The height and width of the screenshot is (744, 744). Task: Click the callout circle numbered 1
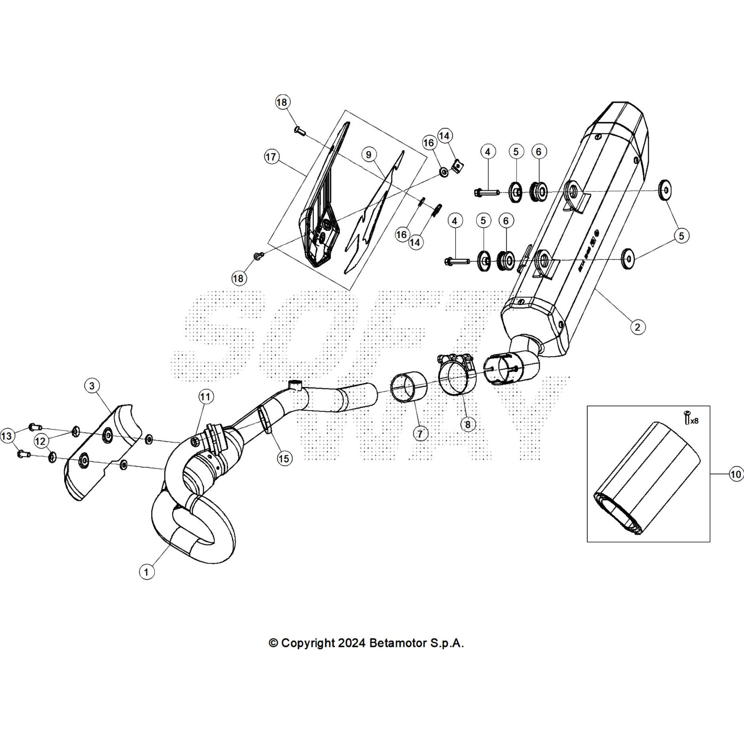pos(146,572)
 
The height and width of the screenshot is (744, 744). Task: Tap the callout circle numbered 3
pos(92,385)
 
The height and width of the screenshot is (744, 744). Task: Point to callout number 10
pos(736,474)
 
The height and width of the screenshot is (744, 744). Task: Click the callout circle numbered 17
pos(271,157)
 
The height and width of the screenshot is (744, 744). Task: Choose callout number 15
pos(284,458)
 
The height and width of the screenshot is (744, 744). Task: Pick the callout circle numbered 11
pos(206,397)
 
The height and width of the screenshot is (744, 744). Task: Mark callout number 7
pos(420,434)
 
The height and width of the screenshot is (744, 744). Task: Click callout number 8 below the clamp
pos(468,425)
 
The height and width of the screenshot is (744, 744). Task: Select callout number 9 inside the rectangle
pos(369,154)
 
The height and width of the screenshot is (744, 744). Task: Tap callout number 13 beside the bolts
pos(7,436)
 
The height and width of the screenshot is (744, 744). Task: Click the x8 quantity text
pos(694,421)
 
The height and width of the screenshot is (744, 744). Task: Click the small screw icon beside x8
pos(686,418)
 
